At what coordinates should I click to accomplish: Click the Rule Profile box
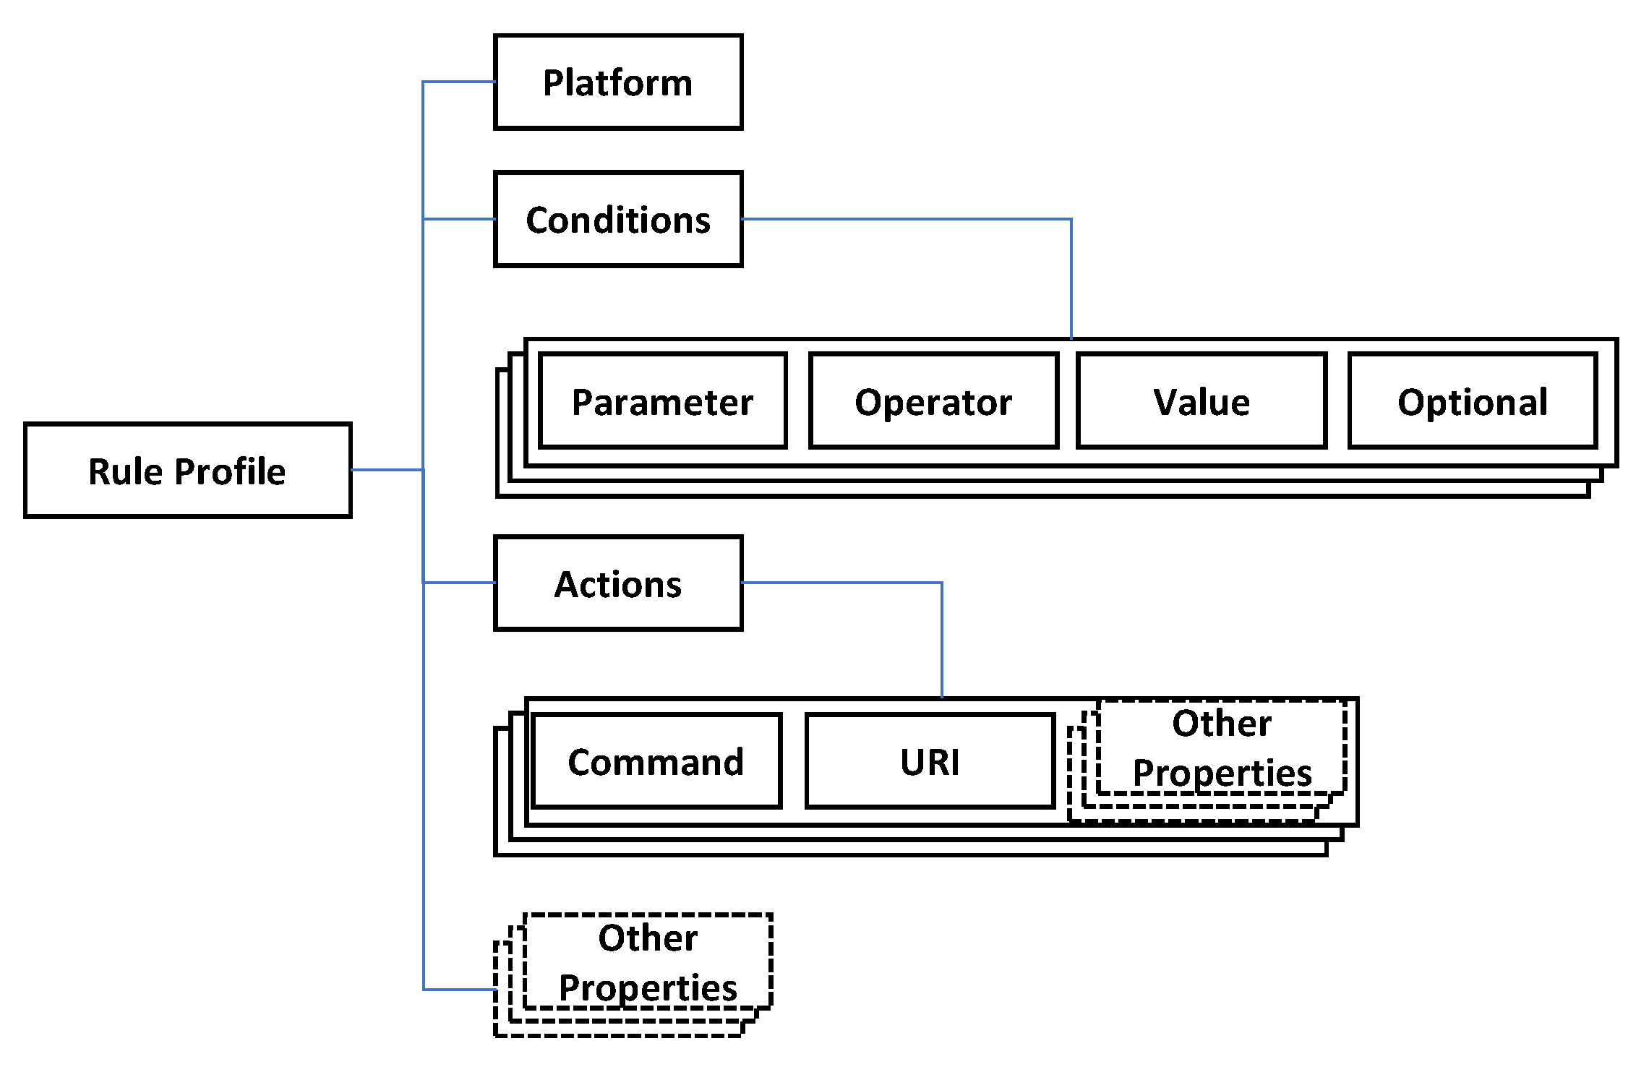click(187, 471)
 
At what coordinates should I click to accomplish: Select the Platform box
click(617, 82)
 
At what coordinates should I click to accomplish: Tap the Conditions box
click(617, 219)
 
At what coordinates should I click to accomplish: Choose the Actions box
click(617, 583)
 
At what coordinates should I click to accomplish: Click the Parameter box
click(662, 401)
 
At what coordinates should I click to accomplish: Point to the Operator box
click(933, 401)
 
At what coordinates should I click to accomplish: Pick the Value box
click(1201, 401)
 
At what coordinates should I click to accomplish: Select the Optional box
click(1472, 401)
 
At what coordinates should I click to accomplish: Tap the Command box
click(656, 761)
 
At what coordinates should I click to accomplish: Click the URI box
click(930, 761)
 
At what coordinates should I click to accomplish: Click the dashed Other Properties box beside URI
click(1221, 747)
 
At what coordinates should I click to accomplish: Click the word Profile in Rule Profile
click(231, 471)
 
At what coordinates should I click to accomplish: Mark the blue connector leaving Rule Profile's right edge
click(387, 470)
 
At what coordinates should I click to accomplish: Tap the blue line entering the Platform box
click(459, 82)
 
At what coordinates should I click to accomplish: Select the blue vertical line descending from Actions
click(941, 640)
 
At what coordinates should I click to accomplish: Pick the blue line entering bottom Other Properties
click(459, 989)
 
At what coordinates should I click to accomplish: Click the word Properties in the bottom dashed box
click(648, 987)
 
